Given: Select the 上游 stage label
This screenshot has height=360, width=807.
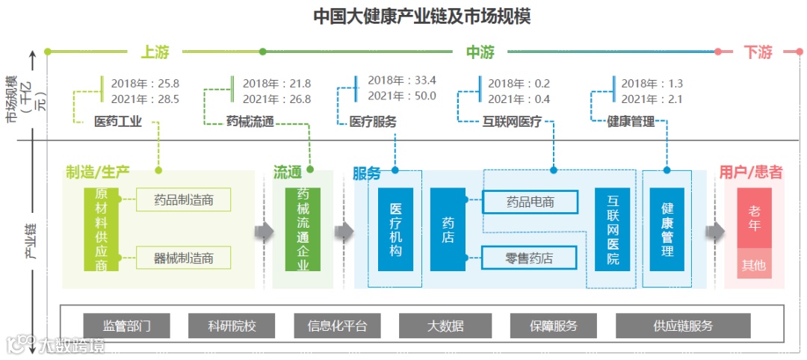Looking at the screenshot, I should [155, 52].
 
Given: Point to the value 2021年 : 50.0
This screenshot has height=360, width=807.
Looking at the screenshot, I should [402, 96].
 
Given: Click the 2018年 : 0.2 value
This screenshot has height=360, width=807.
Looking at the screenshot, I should [519, 84].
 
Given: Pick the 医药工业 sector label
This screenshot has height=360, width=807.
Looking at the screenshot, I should [117, 121].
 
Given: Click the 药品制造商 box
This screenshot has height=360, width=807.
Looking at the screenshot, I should [184, 199].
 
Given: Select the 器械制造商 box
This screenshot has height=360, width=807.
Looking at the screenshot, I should [184, 258].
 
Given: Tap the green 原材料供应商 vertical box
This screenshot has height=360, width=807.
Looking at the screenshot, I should [102, 229].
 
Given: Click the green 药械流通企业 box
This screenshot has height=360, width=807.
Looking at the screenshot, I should [303, 229].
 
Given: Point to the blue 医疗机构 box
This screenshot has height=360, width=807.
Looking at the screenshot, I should [395, 229].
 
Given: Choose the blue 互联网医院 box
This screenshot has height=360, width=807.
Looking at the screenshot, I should [613, 229].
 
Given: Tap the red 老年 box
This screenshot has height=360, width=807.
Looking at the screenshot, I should [754, 218].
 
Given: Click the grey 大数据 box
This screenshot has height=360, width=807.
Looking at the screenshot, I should [445, 326].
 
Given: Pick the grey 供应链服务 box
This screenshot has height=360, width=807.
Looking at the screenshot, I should [683, 326].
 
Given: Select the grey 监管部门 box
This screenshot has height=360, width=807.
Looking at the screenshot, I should [126, 326].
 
